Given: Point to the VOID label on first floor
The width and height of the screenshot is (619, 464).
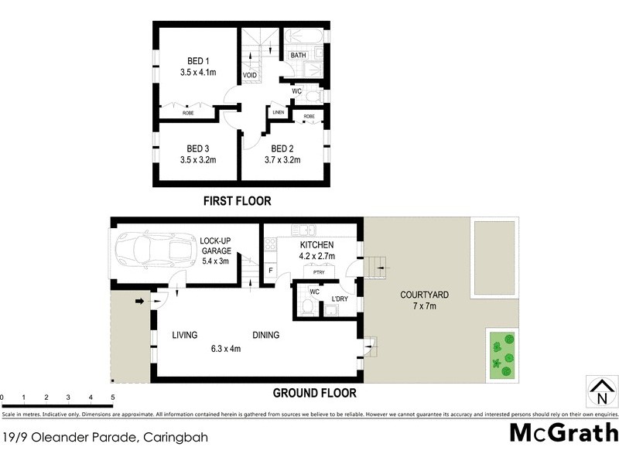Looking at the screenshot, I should (250, 75).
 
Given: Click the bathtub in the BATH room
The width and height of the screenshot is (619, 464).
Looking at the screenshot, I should (304, 38).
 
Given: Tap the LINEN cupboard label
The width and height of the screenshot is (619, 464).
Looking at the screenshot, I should (278, 113).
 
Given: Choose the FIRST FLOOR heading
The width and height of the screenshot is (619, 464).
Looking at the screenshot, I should (237, 201).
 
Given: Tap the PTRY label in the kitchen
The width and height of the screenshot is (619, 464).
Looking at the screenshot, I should (318, 272).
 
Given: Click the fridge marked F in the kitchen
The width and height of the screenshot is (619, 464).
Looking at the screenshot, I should (270, 271).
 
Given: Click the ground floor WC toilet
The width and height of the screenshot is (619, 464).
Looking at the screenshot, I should (308, 309).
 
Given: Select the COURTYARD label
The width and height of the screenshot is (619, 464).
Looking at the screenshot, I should (425, 295).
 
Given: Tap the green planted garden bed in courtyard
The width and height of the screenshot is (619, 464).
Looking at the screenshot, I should (501, 354).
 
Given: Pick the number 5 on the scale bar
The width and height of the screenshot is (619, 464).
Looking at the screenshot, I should (113, 397).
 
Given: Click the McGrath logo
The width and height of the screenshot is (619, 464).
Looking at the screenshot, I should (563, 432).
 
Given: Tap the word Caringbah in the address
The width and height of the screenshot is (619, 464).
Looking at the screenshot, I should (175, 438).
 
